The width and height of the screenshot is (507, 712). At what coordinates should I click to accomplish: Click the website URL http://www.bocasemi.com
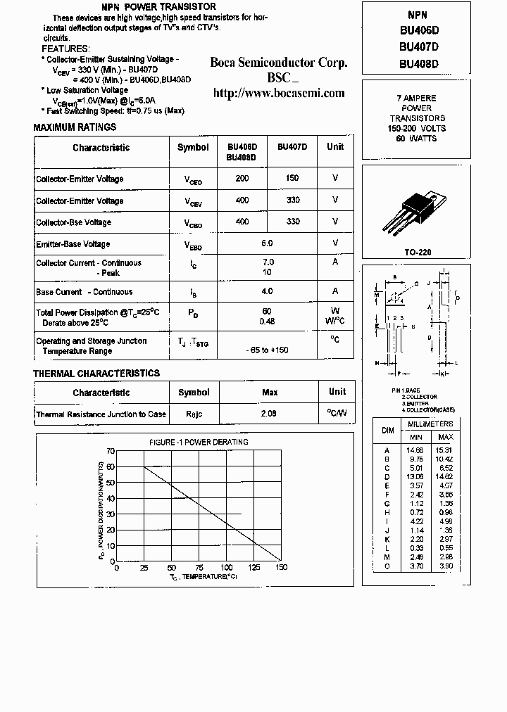click(279, 93)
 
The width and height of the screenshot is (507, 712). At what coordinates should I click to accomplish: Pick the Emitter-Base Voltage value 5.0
click(267, 243)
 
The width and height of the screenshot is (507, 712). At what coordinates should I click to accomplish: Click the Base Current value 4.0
click(267, 291)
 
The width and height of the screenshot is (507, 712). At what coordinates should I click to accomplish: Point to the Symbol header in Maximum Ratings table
click(193, 147)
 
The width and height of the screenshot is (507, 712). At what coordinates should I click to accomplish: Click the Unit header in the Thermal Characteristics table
click(337, 391)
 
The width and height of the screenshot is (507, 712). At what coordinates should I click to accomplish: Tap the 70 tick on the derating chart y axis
click(110, 450)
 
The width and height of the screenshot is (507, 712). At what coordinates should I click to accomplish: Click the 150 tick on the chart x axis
click(281, 567)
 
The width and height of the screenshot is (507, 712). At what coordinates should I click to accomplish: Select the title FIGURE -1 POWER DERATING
click(199, 442)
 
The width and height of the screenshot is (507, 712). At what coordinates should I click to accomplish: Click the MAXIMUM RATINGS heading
click(75, 127)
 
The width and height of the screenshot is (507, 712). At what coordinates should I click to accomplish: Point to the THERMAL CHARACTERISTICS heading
click(96, 374)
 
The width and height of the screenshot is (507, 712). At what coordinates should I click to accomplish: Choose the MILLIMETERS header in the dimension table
click(430, 424)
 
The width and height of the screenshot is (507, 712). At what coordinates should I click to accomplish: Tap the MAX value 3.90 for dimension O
click(446, 566)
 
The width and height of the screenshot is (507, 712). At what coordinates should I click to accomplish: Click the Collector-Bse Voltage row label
click(73, 222)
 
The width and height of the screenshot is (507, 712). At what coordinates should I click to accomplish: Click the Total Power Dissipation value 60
click(267, 310)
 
